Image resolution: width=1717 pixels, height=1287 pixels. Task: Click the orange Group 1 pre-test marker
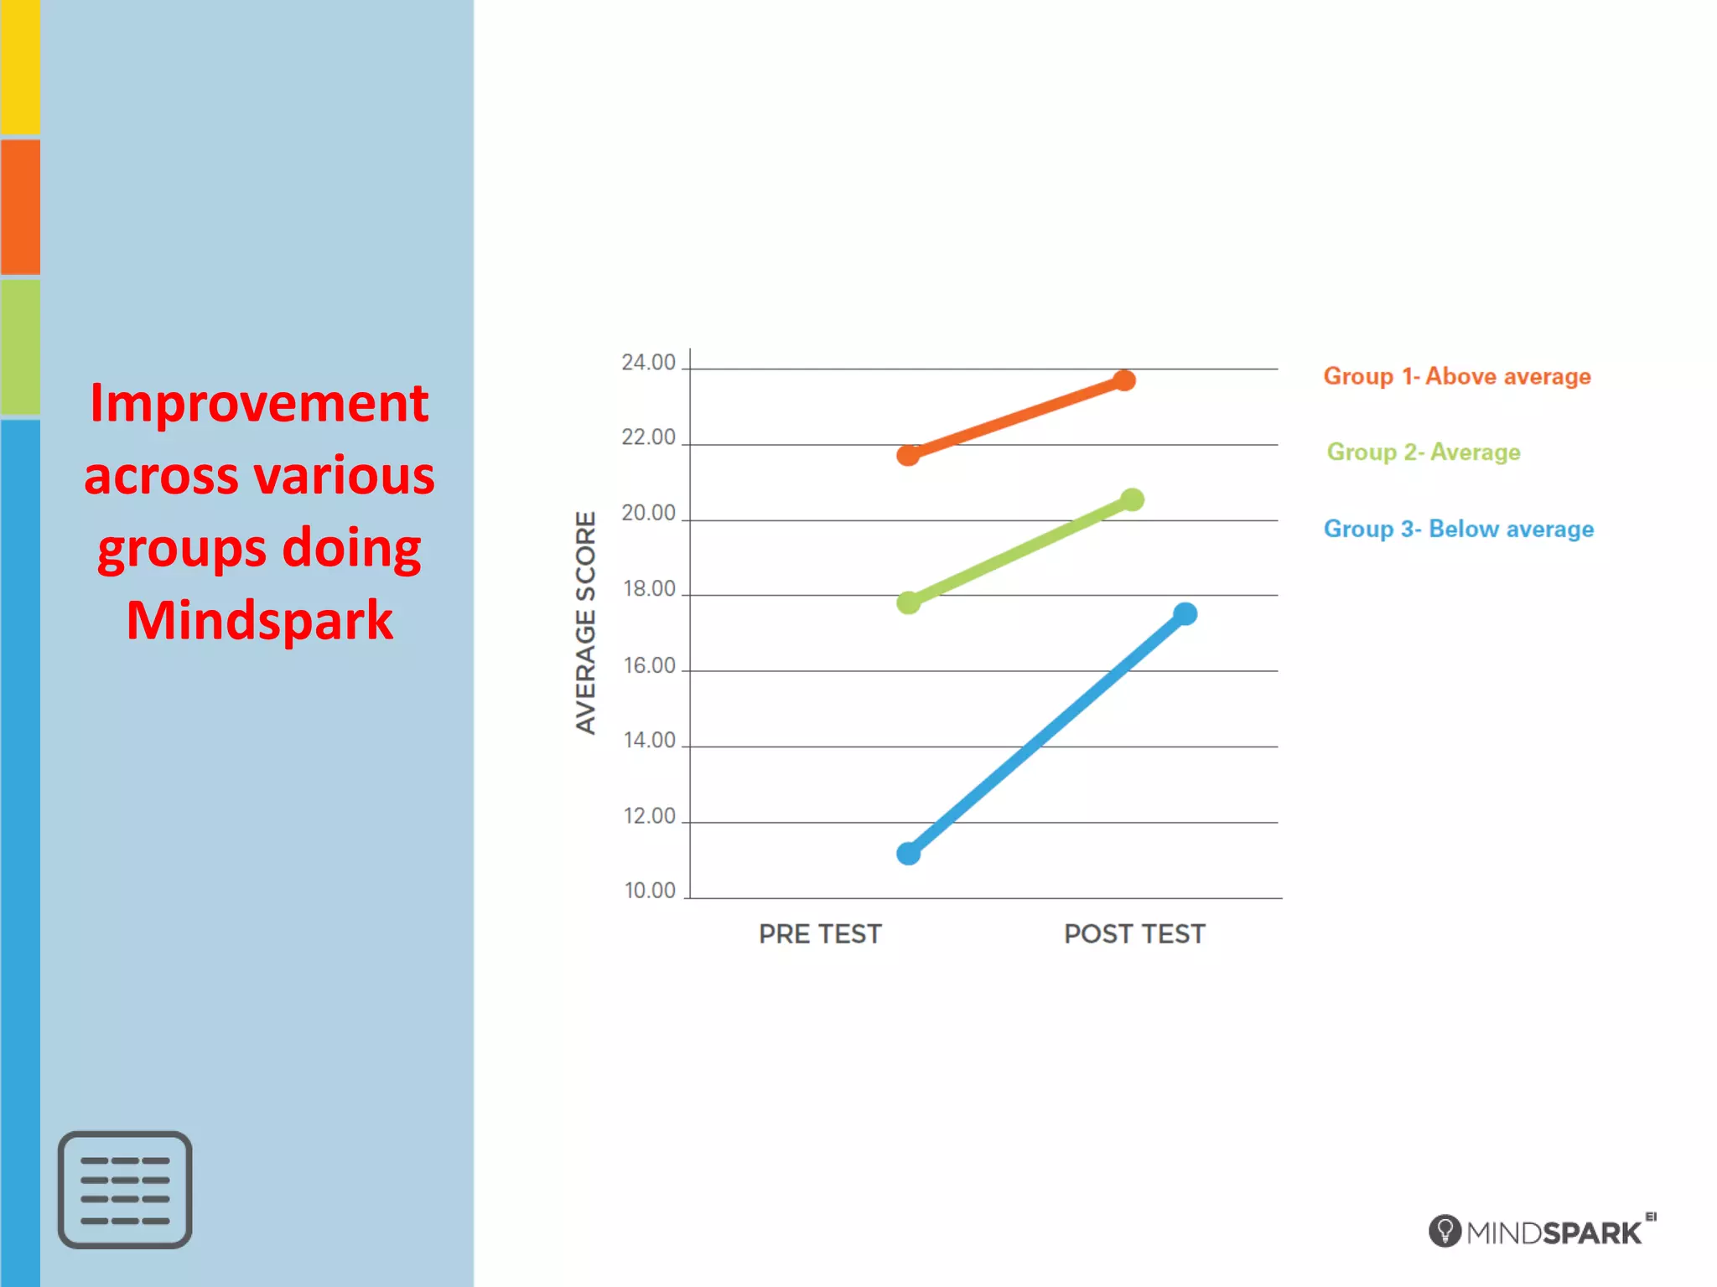tap(908, 455)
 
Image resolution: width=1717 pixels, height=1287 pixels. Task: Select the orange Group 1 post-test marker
tap(1124, 380)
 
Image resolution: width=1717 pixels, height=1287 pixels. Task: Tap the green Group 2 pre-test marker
tap(908, 602)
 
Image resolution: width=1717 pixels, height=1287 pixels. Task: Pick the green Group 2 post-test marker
tap(1132, 500)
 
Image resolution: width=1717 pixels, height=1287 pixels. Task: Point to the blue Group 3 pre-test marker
tap(908, 854)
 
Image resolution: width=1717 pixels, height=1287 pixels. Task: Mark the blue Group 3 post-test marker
tap(1185, 614)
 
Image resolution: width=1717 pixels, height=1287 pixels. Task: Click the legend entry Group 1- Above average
tap(1456, 376)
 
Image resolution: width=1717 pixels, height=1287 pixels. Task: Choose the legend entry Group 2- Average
tap(1423, 452)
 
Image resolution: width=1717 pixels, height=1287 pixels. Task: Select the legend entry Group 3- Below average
tap(1458, 529)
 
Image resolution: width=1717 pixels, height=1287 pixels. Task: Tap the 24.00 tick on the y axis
tap(648, 363)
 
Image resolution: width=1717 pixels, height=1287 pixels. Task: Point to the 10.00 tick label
tap(650, 891)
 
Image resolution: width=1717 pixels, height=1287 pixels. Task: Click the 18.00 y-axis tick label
tap(649, 589)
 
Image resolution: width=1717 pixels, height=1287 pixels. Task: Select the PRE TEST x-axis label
tap(820, 934)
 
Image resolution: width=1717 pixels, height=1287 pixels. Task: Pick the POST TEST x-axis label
tap(1134, 934)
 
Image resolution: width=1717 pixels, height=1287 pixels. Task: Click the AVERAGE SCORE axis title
tap(585, 623)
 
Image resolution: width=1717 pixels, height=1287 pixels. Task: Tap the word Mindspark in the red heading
tap(259, 621)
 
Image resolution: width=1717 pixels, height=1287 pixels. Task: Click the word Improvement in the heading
tap(259, 403)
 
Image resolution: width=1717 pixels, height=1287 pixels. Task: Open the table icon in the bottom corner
tap(125, 1190)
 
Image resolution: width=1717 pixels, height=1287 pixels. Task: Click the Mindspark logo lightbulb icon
tap(1445, 1231)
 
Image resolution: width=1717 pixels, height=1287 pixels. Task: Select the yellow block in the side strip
tap(20, 67)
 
